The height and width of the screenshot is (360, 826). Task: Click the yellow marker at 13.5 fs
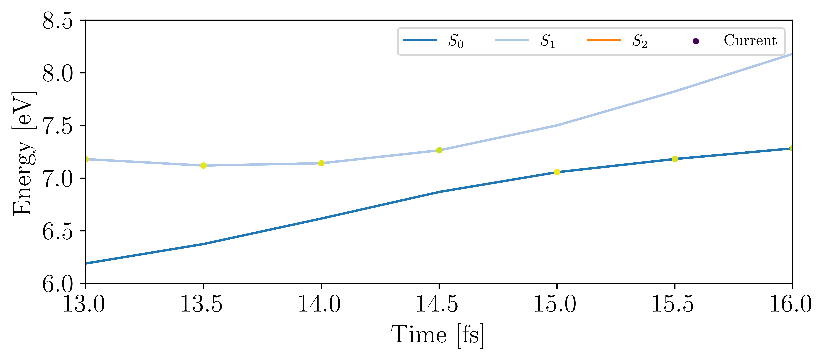point(203,165)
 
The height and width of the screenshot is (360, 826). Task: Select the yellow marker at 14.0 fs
point(321,163)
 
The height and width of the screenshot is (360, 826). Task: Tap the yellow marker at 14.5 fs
point(439,150)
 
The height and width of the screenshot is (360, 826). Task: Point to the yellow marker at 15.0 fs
point(557,172)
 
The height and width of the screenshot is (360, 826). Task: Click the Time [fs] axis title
point(437,335)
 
